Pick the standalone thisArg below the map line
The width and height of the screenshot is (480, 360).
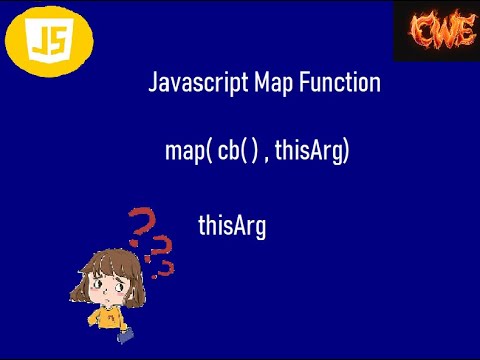point(232,226)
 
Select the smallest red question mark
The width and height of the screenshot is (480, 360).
point(169,267)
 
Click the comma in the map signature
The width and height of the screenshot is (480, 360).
point(267,159)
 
